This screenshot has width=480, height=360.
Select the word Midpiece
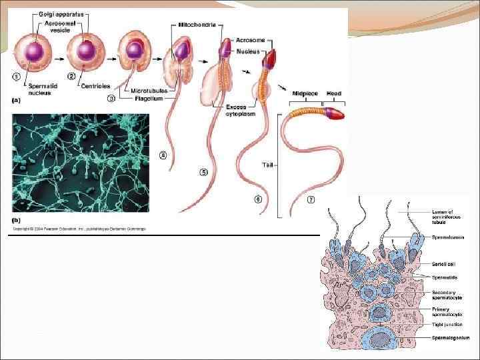(x=304, y=94)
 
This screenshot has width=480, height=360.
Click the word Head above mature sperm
(x=334, y=94)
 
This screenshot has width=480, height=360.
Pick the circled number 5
(x=204, y=172)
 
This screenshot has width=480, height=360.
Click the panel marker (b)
(x=17, y=219)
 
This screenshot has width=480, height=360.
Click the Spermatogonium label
(x=451, y=338)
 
